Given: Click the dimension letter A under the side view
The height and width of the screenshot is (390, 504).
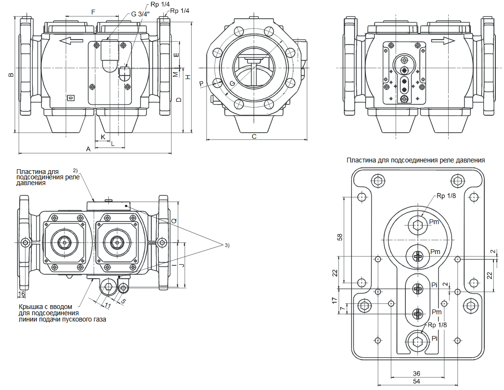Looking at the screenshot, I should [88, 149].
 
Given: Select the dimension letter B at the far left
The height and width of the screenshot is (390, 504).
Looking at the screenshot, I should [11, 75].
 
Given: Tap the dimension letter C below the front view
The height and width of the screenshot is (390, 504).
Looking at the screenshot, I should [254, 136].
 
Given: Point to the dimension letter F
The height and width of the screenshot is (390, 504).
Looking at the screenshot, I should [93, 11].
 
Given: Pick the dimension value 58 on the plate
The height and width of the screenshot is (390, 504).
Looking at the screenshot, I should [340, 237].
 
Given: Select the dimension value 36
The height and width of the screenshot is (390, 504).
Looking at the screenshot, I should [417, 374].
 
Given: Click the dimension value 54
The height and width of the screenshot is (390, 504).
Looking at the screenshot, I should [417, 381].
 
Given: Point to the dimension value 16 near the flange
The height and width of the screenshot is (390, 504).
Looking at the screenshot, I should [22, 293].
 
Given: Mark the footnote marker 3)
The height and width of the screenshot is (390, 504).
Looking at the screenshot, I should [227, 246].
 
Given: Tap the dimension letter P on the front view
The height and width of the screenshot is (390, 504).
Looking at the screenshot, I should [202, 84].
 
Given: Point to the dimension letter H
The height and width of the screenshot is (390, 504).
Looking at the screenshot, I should [189, 78].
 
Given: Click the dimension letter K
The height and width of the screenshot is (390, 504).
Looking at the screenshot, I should [103, 137].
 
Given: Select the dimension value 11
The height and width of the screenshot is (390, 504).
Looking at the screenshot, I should [108, 306].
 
